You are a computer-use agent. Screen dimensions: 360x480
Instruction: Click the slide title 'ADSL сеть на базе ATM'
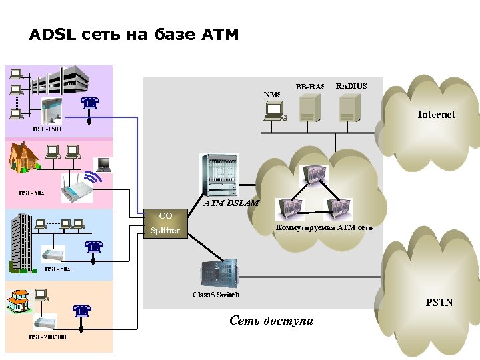[x=133, y=35]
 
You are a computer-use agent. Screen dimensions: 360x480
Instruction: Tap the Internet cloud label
[x=436, y=115]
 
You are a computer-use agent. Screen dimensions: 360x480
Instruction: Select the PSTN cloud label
[x=439, y=303]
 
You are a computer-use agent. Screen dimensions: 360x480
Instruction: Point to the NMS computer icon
[x=274, y=114]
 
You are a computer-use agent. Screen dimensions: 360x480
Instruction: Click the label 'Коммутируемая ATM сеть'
[x=324, y=227]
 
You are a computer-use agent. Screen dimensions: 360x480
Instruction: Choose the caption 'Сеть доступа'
[x=271, y=321]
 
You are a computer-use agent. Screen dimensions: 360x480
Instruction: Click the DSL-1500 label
[x=47, y=128]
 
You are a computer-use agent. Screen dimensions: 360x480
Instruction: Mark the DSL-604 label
[x=31, y=193]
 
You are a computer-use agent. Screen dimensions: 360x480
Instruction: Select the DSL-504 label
[x=57, y=269]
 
